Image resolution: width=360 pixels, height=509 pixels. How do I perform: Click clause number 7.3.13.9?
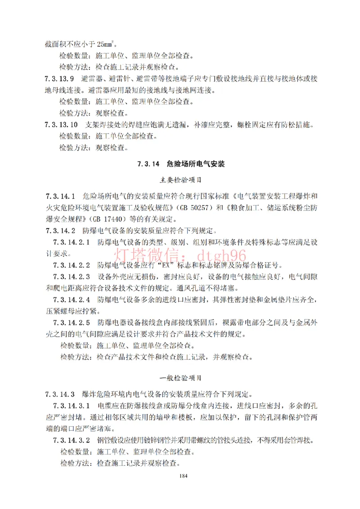59,78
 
